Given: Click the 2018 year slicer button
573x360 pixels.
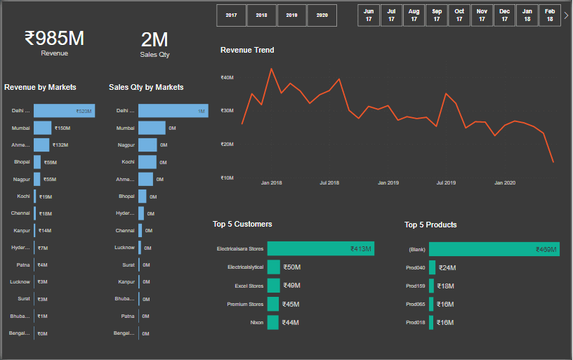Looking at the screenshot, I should (261, 15).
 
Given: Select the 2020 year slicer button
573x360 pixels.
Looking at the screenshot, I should (322, 15).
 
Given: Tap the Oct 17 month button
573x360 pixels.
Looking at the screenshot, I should (459, 15).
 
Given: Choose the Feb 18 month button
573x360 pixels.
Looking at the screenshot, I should (550, 15).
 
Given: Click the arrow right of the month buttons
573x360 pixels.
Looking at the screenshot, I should (566, 15).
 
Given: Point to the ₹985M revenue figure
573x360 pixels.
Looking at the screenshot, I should (54, 38).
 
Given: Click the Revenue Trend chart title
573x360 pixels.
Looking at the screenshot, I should (247, 50).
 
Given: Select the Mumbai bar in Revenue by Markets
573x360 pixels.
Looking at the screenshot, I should (43, 128).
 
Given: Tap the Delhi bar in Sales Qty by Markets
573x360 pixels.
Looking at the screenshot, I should (172, 111).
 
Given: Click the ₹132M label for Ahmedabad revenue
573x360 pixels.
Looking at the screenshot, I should (60, 145).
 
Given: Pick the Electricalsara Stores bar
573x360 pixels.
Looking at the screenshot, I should (320, 248).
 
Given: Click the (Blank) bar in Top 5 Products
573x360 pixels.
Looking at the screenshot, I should (494, 249).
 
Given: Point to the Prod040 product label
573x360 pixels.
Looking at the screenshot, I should (416, 267).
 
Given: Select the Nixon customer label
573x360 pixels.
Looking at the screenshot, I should (257, 323).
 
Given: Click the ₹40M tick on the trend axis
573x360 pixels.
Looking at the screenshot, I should (227, 77).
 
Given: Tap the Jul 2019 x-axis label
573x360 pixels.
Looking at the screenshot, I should (446, 182).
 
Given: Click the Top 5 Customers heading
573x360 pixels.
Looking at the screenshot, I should (242, 225).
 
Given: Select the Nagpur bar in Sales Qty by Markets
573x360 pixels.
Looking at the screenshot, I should (147, 145).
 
